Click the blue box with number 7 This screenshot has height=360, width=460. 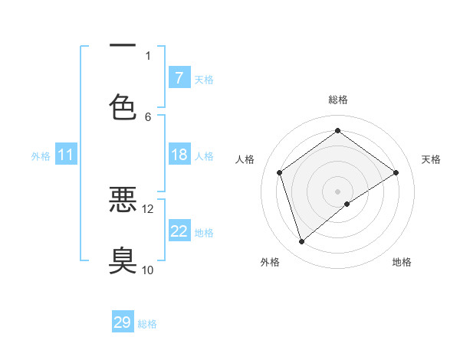pyautogui.click(x=179, y=78)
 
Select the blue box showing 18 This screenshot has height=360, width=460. pyautogui.click(x=179, y=155)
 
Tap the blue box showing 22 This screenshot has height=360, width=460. pyautogui.click(x=179, y=231)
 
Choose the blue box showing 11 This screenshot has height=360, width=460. pyautogui.click(x=66, y=155)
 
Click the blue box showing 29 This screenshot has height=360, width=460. pyautogui.click(x=123, y=322)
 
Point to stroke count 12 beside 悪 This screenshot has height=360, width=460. pyautogui.click(x=148, y=208)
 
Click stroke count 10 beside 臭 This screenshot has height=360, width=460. pyautogui.click(x=148, y=270)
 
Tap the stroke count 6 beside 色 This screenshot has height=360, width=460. pyautogui.click(x=148, y=116)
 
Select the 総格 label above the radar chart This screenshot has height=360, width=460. pyautogui.click(x=338, y=100)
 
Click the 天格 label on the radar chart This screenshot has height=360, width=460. pyautogui.click(x=431, y=159)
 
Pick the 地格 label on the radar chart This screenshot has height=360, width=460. pyautogui.click(x=402, y=262)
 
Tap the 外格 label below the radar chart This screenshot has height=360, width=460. pyautogui.click(x=270, y=262)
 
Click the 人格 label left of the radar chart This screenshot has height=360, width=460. pyautogui.click(x=245, y=159)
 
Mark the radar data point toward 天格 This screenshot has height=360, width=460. pyautogui.click(x=396, y=172)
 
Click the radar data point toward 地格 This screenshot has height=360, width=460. pyautogui.click(x=347, y=204)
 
